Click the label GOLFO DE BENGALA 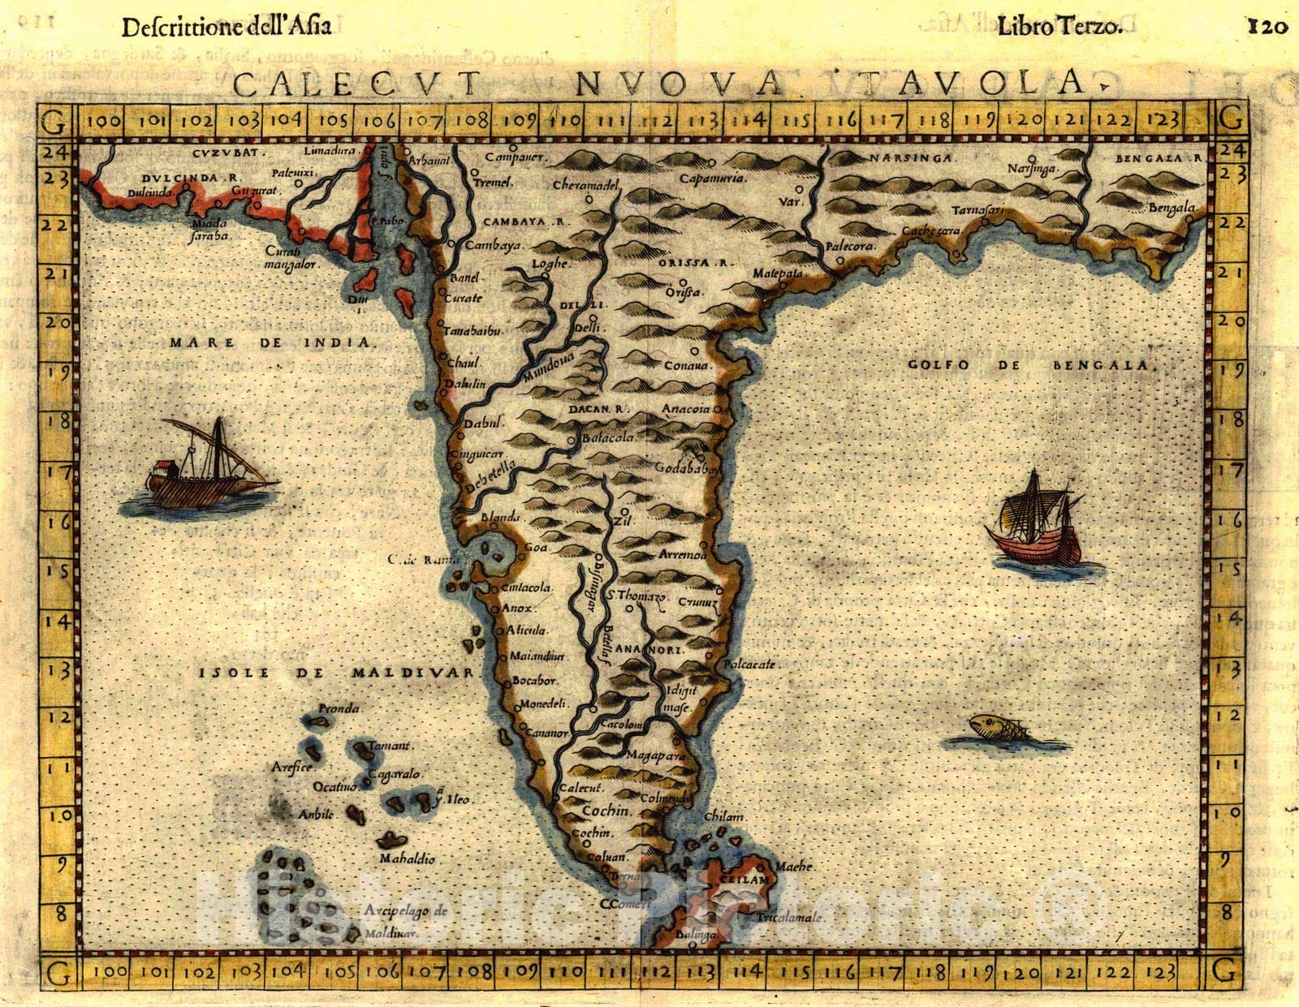pyautogui.click(x=1029, y=365)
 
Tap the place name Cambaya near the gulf pyautogui.click(x=494, y=244)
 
